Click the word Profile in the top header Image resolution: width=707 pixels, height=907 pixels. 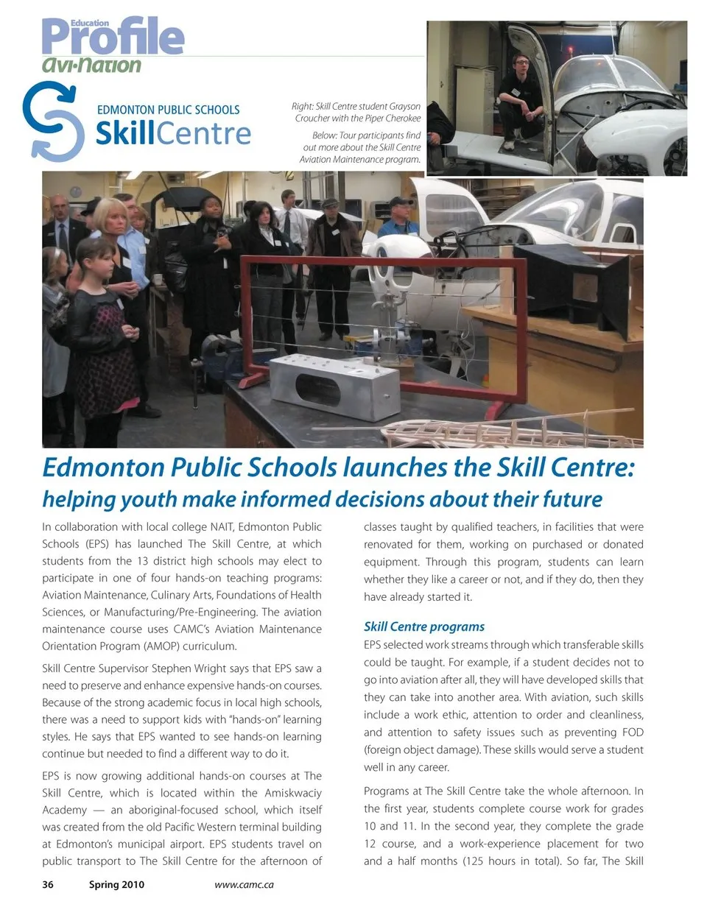pos(113,38)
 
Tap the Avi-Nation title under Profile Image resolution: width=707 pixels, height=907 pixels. pos(91,66)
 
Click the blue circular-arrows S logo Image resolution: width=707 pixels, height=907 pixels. pos(52,121)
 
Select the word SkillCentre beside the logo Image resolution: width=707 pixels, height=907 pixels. pos(173,134)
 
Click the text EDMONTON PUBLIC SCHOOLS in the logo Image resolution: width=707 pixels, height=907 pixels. pos(168,110)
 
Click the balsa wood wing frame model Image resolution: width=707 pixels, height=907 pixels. pos(501,430)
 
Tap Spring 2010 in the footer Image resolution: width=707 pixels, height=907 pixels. pos(116,885)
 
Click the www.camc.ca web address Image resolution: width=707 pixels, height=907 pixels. pos(244,885)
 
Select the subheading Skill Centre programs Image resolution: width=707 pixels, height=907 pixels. pos(424,627)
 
